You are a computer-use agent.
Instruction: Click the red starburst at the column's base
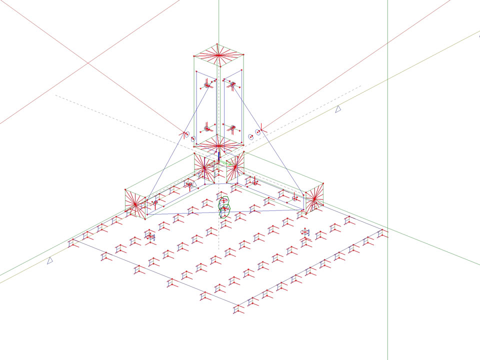[x=218, y=146]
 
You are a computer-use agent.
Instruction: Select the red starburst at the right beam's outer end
[x=313, y=199]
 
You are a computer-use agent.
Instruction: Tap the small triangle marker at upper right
[x=338, y=108]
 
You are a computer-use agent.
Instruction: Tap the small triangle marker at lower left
[x=50, y=260]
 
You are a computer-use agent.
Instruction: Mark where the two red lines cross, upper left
[x=88, y=62]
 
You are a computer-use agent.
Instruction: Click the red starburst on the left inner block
[x=204, y=168]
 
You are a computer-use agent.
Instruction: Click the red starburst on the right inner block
[x=233, y=165]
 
